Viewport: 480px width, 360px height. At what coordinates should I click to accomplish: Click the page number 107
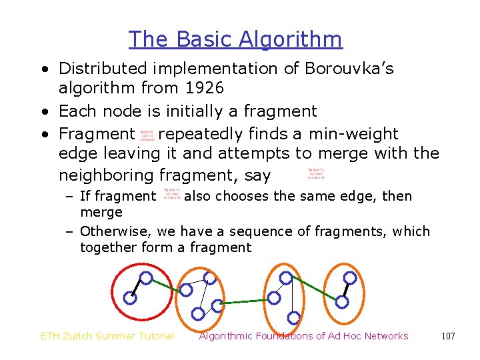[448, 336]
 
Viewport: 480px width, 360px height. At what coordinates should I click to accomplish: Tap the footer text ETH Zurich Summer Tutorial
[107, 336]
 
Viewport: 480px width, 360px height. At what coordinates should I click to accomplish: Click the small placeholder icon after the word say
[316, 175]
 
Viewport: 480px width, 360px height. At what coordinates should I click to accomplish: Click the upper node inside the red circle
[146, 278]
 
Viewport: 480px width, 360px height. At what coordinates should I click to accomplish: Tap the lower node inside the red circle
[130, 299]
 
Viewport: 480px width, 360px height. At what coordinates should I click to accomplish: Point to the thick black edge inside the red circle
[137, 288]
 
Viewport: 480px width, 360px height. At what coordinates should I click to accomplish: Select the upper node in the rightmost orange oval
[349, 278]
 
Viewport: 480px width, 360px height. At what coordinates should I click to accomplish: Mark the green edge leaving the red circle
[165, 284]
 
